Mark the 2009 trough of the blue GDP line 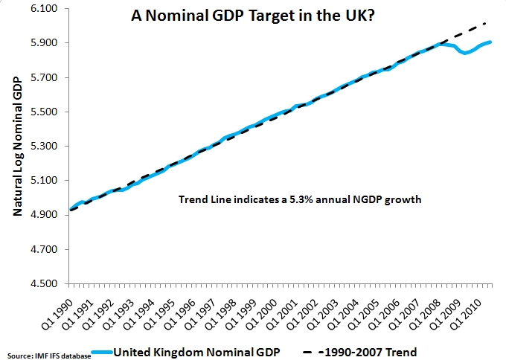[x=466, y=54]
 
